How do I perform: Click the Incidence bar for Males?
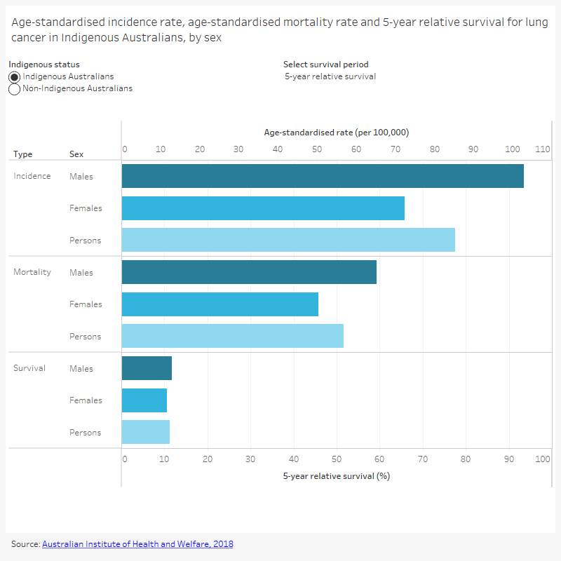[x=323, y=176]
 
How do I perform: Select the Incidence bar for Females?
[x=263, y=208]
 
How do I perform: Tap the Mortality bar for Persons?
[x=232, y=336]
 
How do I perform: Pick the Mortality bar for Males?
[x=249, y=272]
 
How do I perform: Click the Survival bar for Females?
[x=144, y=400]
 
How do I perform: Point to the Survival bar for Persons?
[x=146, y=432]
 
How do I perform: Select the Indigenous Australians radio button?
[x=15, y=76]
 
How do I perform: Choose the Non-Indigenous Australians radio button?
[x=15, y=89]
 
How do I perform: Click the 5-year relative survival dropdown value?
[x=330, y=76]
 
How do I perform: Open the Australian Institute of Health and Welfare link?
[x=137, y=544]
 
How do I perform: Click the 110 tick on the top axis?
[x=542, y=149]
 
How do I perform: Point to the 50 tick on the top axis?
[x=316, y=149]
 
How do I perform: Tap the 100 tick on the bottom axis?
[x=542, y=459]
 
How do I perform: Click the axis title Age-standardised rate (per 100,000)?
[x=336, y=133]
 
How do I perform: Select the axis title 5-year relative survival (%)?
[x=336, y=475]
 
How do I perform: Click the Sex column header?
[x=76, y=154]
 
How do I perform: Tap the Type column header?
[x=22, y=154]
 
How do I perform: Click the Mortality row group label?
[x=32, y=272]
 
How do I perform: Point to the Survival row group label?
[x=29, y=368]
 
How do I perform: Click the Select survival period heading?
[x=325, y=65]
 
